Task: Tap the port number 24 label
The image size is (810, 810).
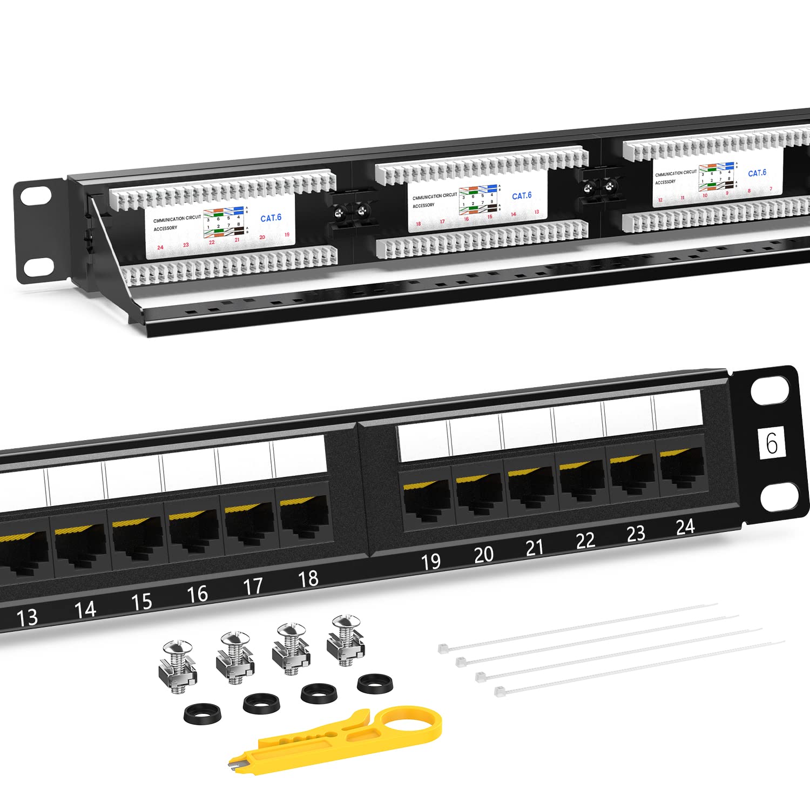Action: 685,526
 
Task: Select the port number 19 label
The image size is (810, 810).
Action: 430,562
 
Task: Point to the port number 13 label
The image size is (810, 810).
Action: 27,617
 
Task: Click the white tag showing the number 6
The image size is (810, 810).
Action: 772,443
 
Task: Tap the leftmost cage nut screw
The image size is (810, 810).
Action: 177,666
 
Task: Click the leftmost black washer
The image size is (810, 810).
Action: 202,714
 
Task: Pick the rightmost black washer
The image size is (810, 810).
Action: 374,684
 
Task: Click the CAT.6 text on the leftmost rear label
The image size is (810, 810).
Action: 271,218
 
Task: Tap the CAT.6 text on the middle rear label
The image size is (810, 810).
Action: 522,196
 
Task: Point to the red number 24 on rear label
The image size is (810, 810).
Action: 160,247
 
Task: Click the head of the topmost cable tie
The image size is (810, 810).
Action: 443,647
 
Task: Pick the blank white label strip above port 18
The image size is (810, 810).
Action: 299,456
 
